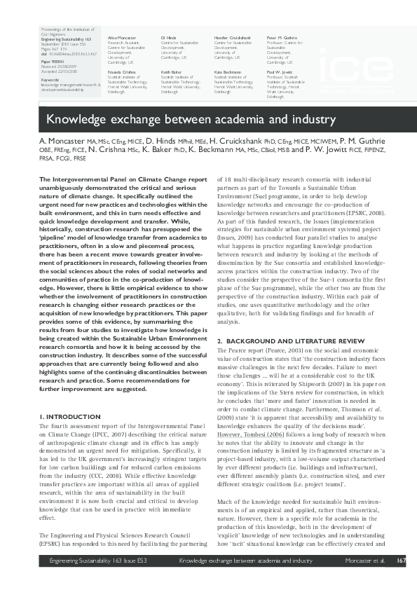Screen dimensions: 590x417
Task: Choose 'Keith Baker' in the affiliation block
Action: (170, 71)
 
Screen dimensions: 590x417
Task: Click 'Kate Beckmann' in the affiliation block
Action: (228, 71)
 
